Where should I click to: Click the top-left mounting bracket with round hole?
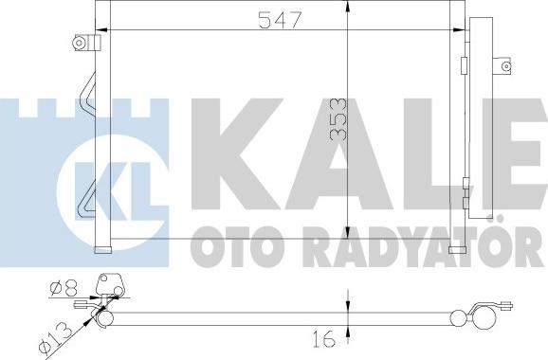click(x=85, y=43)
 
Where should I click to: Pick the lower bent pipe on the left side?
click(x=87, y=194)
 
